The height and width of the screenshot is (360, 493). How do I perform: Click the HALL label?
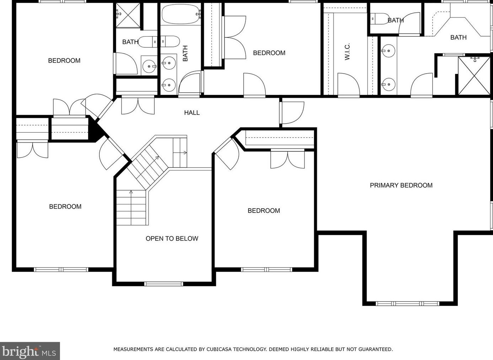[x=192, y=113]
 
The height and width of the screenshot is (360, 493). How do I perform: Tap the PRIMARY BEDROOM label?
[x=401, y=186]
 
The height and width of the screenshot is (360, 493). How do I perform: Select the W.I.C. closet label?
[x=347, y=52]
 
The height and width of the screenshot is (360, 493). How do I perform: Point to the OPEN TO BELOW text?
[x=172, y=238]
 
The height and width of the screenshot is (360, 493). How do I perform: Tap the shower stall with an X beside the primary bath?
[x=474, y=76]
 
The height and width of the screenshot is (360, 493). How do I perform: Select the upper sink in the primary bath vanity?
[x=388, y=51]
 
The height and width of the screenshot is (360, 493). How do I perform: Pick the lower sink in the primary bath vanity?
[x=388, y=84]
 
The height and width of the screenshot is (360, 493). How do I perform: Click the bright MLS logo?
[x=30, y=351]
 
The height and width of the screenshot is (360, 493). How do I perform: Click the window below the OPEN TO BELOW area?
[x=163, y=284]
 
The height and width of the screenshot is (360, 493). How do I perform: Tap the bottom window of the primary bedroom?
[x=407, y=303]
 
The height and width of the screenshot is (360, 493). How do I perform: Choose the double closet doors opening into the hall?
[x=138, y=106]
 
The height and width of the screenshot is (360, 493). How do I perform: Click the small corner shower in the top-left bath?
[x=128, y=15]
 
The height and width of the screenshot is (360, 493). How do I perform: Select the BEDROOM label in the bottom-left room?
[x=65, y=206]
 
